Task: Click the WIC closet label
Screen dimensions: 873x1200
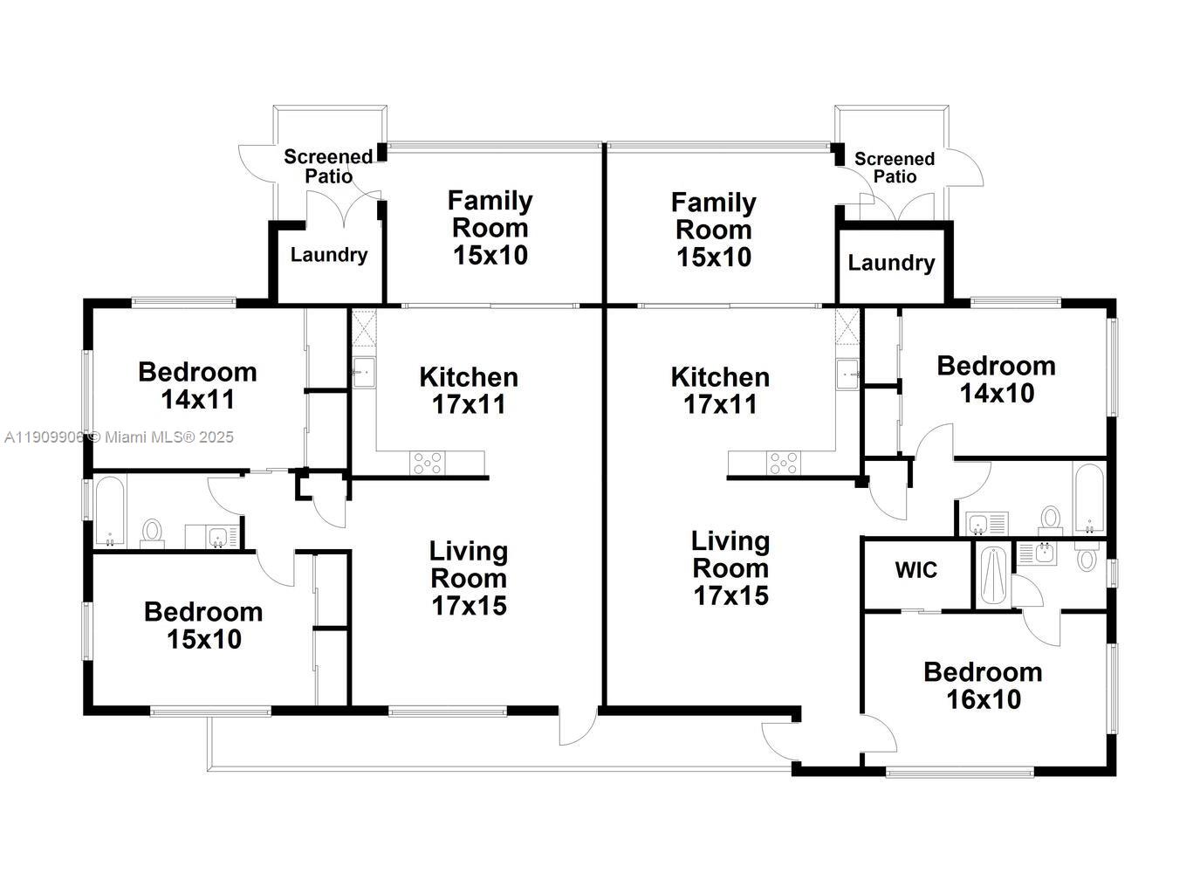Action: [x=915, y=570]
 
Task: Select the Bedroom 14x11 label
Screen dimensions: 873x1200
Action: [x=197, y=385]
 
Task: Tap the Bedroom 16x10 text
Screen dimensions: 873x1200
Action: [x=983, y=685]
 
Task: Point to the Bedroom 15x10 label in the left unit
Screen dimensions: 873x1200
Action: [x=203, y=625]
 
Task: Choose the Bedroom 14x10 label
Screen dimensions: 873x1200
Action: [x=996, y=379]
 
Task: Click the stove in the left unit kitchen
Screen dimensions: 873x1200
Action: [x=428, y=463]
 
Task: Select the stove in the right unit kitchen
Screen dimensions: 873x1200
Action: [x=782, y=463]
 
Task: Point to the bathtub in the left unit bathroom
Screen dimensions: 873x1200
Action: [x=109, y=511]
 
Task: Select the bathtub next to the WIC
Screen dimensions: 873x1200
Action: [x=994, y=575]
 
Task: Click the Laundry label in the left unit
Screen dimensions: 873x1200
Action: [x=328, y=255]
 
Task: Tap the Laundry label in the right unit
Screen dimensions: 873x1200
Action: [x=891, y=263]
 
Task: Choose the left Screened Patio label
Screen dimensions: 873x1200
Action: [x=328, y=166]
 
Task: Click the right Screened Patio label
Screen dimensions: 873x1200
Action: [x=895, y=168]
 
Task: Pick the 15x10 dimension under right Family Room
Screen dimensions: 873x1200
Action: [x=713, y=258]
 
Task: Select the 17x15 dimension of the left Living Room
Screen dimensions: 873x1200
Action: [x=469, y=605]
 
